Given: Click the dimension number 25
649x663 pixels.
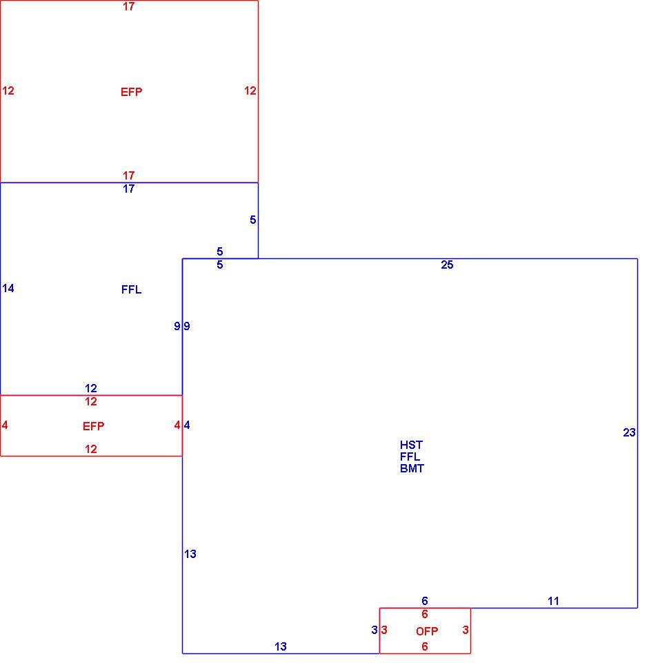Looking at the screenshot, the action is pos(447,265).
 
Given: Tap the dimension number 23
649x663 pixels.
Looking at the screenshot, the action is pos(629,432).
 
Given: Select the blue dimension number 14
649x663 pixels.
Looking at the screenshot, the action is pos(8,289).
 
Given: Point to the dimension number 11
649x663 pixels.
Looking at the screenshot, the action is pos(553,601).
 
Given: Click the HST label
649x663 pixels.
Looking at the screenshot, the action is pos(411,445).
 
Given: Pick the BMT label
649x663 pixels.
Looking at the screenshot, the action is pos(412,468).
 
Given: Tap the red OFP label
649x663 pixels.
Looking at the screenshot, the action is pos(427,631).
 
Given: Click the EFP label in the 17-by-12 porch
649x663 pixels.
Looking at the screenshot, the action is pos(131,92).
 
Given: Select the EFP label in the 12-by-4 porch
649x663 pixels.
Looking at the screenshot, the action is pos(93,426).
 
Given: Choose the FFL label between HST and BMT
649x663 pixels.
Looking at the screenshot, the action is pos(410,457).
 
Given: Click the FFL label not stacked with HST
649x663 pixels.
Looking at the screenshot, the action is pos(131,289).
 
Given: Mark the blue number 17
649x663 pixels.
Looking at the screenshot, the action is pos(129,189).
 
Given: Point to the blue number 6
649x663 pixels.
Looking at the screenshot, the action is pos(425,601).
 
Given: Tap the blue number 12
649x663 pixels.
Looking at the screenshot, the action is pos(91,388).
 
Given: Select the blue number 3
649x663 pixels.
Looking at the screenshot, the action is pos(375,630).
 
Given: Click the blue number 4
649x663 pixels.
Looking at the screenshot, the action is pos(187,425).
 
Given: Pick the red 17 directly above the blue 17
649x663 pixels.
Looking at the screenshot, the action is pos(129,175).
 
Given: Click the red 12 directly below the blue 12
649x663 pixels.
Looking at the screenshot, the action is pos(91,401).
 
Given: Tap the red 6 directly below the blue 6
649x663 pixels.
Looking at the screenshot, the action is pos(425,614).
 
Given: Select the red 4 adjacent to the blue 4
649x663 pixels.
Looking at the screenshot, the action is pos(177,425).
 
